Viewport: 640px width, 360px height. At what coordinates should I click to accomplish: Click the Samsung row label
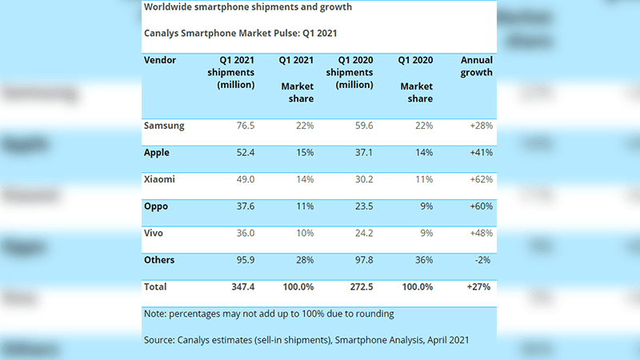[163, 125]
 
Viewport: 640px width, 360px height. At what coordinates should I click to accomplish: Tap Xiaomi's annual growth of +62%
[479, 179]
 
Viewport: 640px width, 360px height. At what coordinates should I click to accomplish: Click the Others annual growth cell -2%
[482, 259]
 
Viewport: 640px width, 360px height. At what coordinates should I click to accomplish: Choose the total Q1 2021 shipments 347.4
[238, 286]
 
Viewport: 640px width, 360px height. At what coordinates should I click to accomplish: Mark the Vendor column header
[160, 60]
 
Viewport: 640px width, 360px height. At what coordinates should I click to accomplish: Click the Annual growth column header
[477, 66]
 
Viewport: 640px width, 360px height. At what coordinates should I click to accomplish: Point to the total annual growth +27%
[479, 286]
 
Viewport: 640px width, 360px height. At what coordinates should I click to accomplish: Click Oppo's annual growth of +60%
[479, 206]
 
